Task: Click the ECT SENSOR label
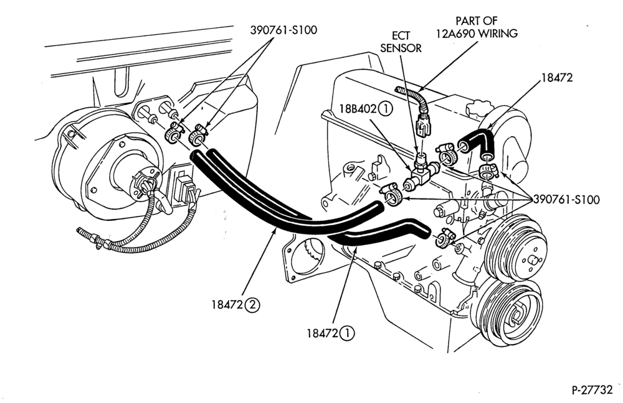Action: point(401,42)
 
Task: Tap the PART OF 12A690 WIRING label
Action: point(477,27)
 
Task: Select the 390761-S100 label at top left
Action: point(283,30)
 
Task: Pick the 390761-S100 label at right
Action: point(566,200)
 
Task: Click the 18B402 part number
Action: point(358,109)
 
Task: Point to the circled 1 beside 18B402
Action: point(385,109)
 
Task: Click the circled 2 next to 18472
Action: point(253,305)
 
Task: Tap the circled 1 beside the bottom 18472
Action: point(347,333)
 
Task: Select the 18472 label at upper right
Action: point(557,78)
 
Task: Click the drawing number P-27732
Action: point(592,390)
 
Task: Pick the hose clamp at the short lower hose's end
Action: point(445,238)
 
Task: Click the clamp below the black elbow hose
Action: point(488,171)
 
